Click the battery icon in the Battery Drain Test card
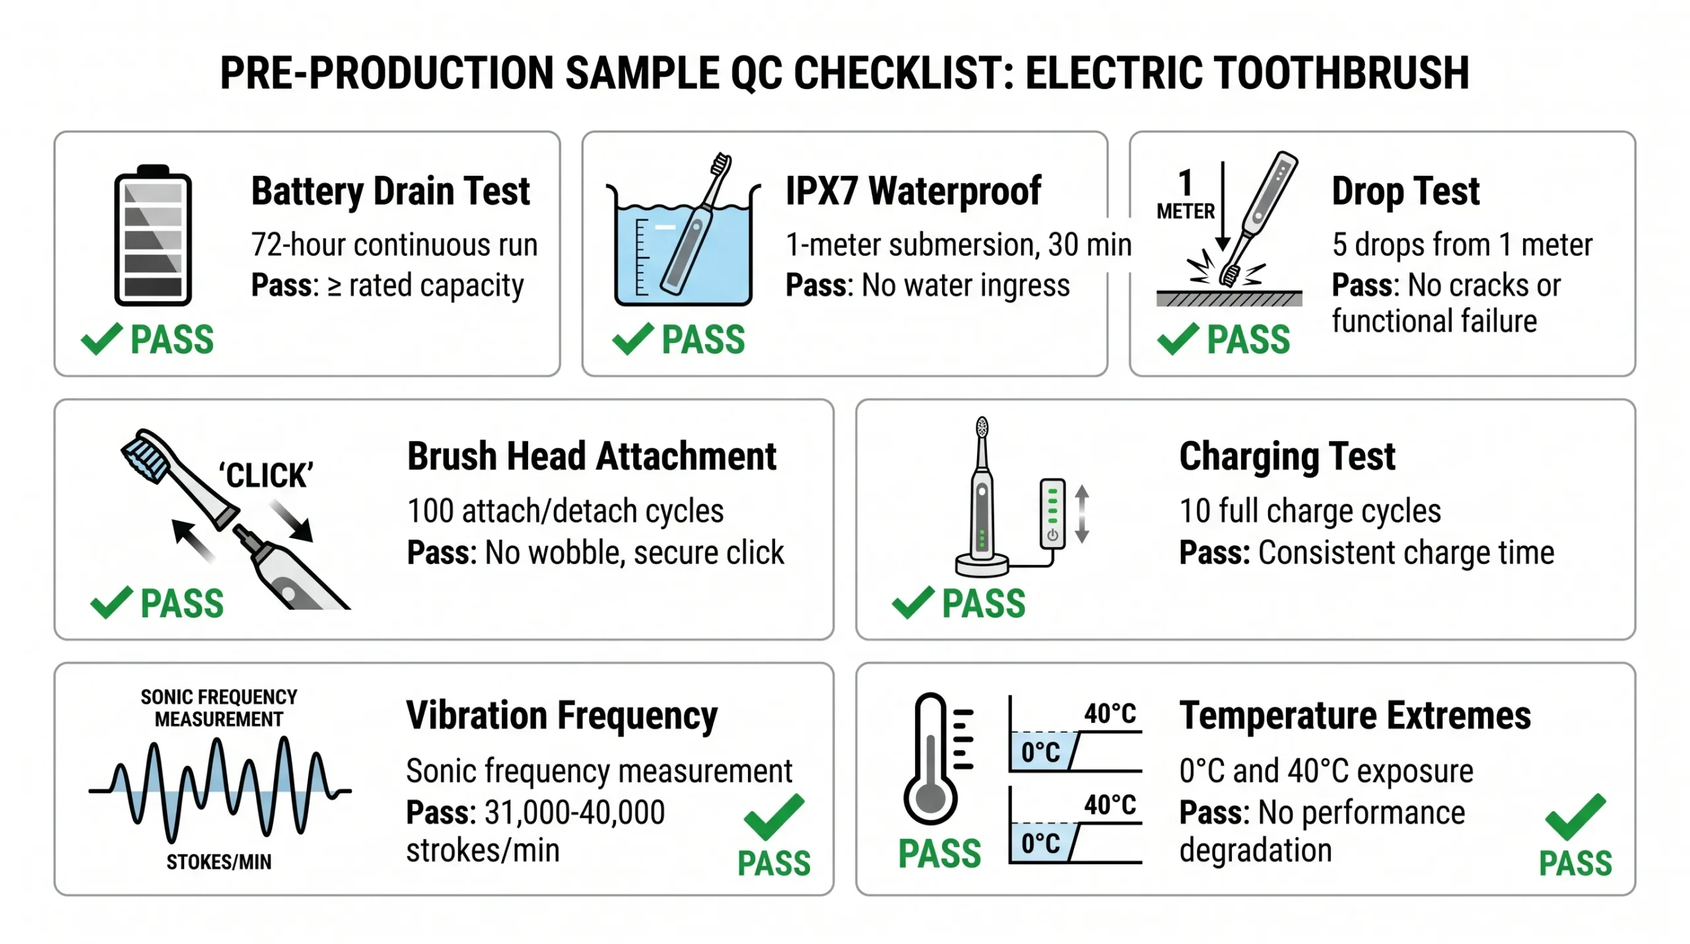(x=153, y=236)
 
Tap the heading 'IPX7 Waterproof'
(x=913, y=192)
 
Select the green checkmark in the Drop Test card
(x=1177, y=339)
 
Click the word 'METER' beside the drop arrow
(x=1185, y=211)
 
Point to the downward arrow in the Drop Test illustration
(x=1223, y=205)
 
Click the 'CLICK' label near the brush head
(x=265, y=475)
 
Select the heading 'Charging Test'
(x=1287, y=456)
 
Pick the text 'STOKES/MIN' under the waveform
(x=219, y=862)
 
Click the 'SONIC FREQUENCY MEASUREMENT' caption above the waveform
(x=219, y=708)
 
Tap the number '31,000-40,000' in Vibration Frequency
(x=574, y=813)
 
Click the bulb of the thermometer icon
(x=930, y=800)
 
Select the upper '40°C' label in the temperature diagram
(x=1110, y=714)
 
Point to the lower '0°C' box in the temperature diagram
(x=1040, y=844)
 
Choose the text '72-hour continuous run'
(x=394, y=245)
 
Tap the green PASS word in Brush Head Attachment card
(x=182, y=603)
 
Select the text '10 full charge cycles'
(x=1310, y=511)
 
